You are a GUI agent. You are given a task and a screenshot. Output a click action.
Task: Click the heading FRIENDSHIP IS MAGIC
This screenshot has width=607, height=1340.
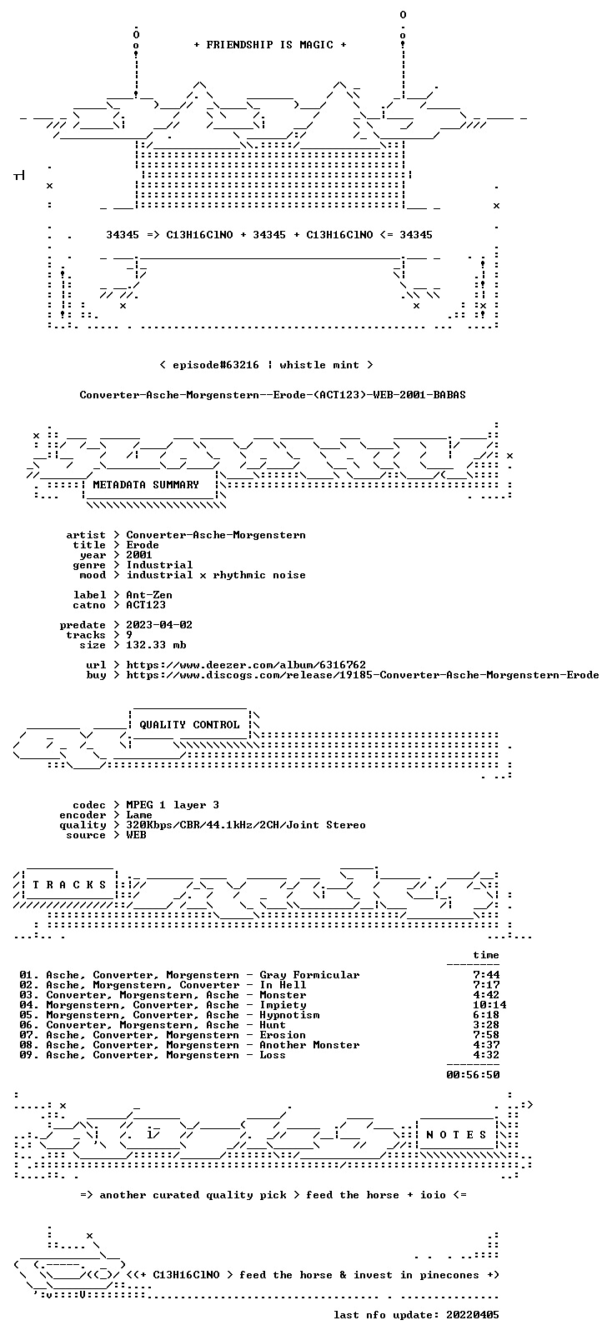pyautogui.click(x=270, y=45)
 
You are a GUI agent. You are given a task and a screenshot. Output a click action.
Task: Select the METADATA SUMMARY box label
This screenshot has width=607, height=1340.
pyautogui.click(x=145, y=484)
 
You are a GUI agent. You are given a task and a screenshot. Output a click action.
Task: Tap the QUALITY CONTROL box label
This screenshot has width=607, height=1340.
pyautogui.click(x=189, y=724)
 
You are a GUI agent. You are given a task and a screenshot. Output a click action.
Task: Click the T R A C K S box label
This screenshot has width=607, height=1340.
pyautogui.click(x=69, y=885)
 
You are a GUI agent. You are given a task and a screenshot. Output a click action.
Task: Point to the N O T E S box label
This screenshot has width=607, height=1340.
pyautogui.click(x=456, y=1135)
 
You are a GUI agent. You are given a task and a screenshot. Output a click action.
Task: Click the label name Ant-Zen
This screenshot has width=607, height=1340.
pyautogui.click(x=149, y=595)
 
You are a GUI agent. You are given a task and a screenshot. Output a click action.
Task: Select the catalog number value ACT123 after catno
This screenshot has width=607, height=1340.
pyautogui.click(x=145, y=605)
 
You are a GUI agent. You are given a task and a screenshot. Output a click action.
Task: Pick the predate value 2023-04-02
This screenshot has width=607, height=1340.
pyautogui.click(x=159, y=624)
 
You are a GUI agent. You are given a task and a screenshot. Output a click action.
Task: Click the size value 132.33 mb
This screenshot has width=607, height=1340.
pyautogui.click(x=156, y=645)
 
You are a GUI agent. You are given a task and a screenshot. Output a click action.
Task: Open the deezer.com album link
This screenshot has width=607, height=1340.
pyautogui.click(x=245, y=665)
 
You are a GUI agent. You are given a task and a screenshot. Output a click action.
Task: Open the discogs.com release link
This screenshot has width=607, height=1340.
pyautogui.click(x=362, y=675)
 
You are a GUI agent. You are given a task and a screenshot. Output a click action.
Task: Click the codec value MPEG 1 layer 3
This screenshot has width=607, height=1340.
pyautogui.click(x=173, y=805)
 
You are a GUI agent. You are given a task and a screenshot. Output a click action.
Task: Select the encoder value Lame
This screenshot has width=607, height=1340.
pyautogui.click(x=139, y=815)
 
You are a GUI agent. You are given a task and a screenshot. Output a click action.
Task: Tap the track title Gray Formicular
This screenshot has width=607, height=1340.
pyautogui.click(x=309, y=975)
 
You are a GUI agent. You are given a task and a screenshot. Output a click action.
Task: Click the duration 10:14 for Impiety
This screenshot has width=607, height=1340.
pyautogui.click(x=489, y=1005)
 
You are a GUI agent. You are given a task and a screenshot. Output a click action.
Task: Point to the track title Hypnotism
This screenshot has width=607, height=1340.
pyautogui.click(x=289, y=1015)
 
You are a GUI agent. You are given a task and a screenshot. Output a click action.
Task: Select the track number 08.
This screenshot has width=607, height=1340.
pyautogui.click(x=27, y=1045)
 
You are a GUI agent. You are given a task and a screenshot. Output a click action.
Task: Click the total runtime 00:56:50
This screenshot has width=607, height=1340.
pyautogui.click(x=473, y=1075)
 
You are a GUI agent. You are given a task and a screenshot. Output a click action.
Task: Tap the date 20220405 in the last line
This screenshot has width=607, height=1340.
pyautogui.click(x=473, y=1315)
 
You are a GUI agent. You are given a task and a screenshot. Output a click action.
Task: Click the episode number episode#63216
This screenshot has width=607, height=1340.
pyautogui.click(x=215, y=365)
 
